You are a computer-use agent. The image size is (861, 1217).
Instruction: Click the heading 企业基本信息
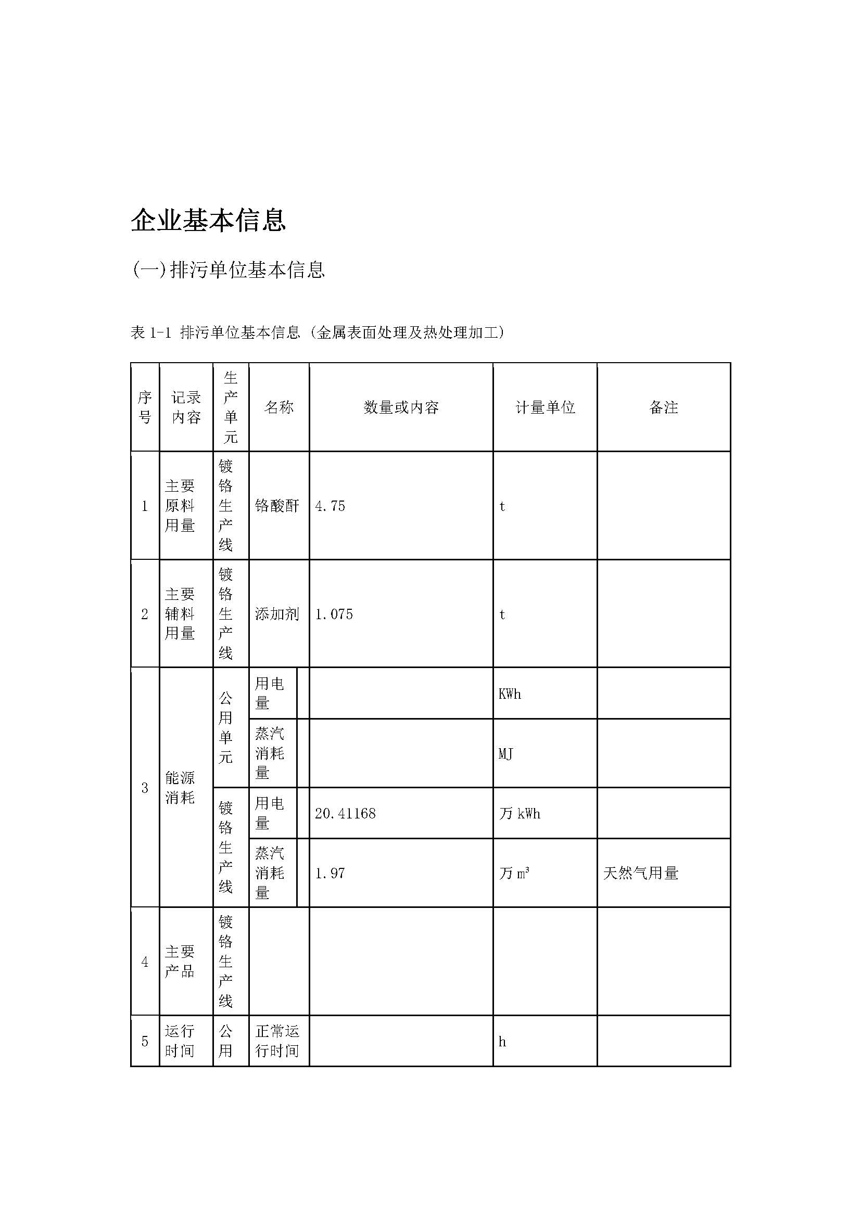208,220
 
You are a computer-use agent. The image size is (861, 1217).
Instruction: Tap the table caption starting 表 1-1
317,332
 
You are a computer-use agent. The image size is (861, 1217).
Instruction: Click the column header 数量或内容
401,407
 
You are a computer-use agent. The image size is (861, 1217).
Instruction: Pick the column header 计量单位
545,407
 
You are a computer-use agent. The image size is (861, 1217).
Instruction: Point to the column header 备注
663,407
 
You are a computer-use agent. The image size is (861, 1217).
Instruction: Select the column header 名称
279,407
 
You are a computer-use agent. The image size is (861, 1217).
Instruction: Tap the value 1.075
334,614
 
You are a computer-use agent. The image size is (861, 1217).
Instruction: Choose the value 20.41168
345,813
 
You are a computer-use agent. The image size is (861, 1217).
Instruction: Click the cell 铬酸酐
277,506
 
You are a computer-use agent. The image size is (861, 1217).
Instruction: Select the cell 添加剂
277,614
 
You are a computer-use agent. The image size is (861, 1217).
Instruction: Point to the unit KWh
510,694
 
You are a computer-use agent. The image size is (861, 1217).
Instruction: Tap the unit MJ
505,753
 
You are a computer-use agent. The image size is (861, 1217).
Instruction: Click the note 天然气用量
640,873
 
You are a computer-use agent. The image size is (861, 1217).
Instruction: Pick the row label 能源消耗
180,788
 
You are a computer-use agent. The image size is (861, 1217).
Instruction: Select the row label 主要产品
180,962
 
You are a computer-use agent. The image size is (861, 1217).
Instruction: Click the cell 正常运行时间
277,1041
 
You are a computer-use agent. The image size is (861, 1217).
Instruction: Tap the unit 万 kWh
520,813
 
